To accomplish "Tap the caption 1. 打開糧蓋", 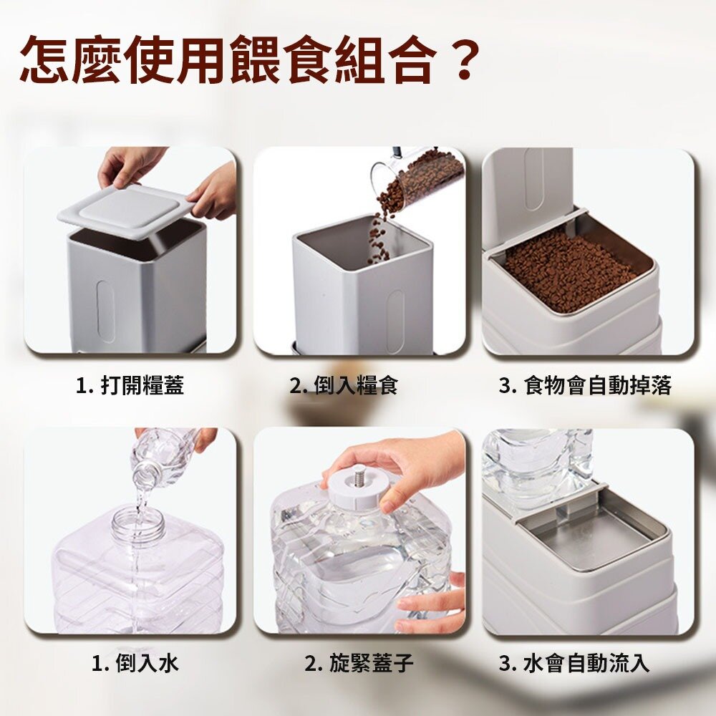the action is [130, 385].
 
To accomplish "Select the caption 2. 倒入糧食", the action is [344, 385].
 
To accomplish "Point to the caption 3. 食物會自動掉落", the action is [585, 385].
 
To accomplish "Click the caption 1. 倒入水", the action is [135, 663].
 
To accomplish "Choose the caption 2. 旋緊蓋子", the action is [359, 663].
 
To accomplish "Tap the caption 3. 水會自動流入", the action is [574, 663].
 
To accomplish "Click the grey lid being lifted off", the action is [123, 211].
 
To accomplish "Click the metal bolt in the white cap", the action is [359, 479].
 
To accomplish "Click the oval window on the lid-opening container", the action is [105, 311].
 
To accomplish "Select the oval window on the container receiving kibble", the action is [395, 315].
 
